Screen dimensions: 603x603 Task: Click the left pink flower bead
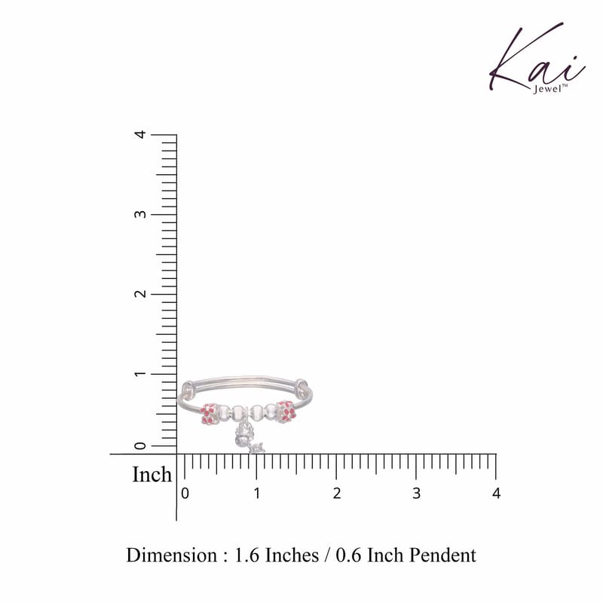pos(210,414)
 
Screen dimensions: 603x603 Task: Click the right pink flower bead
pos(286,412)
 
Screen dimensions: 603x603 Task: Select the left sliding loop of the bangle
pos(188,389)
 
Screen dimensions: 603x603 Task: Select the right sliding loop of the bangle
pos(302,387)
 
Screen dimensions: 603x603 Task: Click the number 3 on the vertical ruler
pos(141,214)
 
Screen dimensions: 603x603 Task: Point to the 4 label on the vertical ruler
pos(141,134)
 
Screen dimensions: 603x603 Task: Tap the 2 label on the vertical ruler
pos(141,294)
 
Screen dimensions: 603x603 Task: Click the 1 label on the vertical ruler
pos(141,373)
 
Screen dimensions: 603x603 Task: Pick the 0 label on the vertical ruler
pos(141,445)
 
